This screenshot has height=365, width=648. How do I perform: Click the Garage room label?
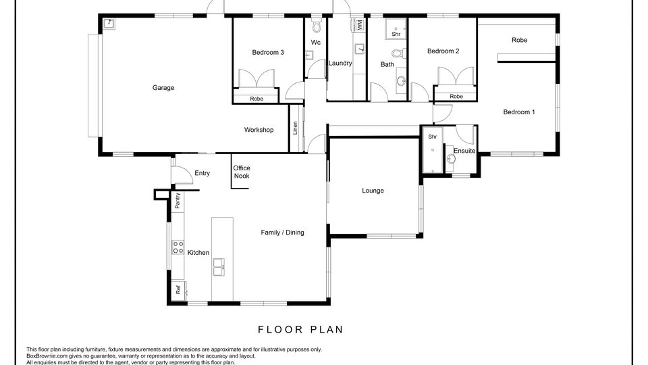(x=163, y=88)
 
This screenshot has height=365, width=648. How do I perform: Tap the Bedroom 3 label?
(x=268, y=53)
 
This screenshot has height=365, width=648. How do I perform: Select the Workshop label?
(x=259, y=130)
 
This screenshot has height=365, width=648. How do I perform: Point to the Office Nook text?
(x=242, y=172)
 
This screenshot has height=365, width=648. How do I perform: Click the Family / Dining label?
(x=282, y=233)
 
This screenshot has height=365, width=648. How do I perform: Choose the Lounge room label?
(x=373, y=191)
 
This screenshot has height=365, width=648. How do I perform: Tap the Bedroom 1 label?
(x=519, y=112)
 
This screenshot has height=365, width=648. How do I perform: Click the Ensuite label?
(x=464, y=151)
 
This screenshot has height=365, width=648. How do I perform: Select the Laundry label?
(x=340, y=64)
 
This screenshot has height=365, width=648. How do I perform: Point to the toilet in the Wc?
(x=317, y=26)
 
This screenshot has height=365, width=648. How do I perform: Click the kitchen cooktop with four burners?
(x=178, y=247)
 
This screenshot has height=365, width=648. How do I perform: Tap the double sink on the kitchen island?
(x=219, y=267)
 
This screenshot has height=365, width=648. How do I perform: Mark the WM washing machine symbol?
(x=358, y=25)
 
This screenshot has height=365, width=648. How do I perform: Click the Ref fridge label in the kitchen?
(x=178, y=290)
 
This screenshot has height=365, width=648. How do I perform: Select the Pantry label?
(x=178, y=201)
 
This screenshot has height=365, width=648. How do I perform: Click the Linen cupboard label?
(x=295, y=128)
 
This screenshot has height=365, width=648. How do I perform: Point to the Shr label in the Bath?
(x=396, y=34)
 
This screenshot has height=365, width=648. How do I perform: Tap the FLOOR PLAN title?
(x=301, y=330)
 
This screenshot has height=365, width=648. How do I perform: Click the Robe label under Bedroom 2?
(x=456, y=97)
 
